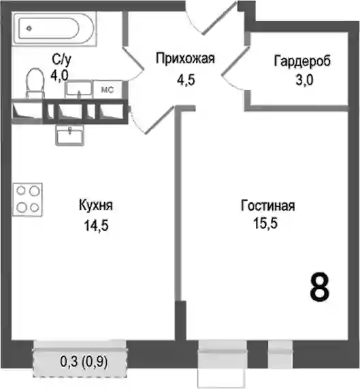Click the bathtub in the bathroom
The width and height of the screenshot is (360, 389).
coord(54,29)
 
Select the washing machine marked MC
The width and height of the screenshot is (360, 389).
coord(108,89)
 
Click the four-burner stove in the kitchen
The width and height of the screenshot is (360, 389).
coord(28,200)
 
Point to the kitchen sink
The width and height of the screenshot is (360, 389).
coord(69,134)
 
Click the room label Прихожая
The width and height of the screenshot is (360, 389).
coord(185,59)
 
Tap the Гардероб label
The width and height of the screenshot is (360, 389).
coord(302,61)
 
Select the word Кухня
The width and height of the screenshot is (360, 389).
coord(96,206)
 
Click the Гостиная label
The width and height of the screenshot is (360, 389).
coord(268,206)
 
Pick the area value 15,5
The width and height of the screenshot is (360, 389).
coord(265,223)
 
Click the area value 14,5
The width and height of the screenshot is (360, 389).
coord(96,225)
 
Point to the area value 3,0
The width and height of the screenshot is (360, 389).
coord(304,80)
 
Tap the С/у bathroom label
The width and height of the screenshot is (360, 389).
coord(61,59)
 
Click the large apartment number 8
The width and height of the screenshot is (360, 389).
coord(320,287)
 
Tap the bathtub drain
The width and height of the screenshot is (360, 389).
coord(29,29)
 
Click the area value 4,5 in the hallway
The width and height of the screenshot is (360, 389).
coord(186,80)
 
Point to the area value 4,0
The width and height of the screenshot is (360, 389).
coord(59,76)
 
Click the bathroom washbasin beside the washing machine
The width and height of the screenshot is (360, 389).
coord(79,89)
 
